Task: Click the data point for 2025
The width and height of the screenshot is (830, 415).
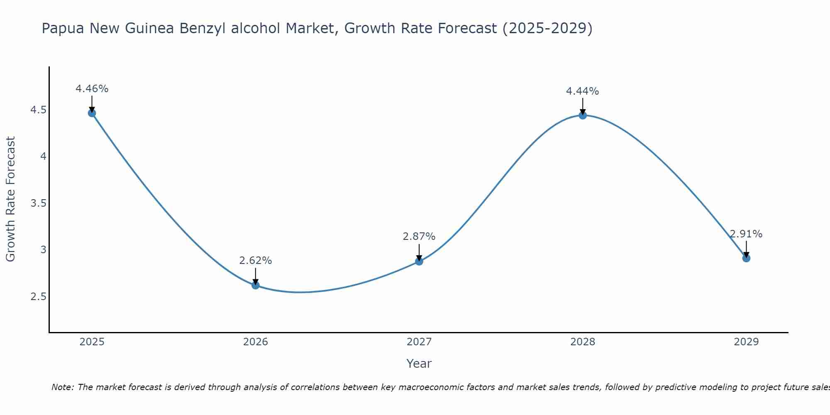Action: click(92, 113)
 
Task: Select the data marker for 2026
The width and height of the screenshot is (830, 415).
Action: click(255, 285)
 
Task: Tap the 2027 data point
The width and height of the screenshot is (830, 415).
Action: click(419, 261)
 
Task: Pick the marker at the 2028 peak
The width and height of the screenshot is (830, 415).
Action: click(583, 115)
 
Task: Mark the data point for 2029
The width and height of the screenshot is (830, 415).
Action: click(746, 258)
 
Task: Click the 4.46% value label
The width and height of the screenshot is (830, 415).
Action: click(92, 89)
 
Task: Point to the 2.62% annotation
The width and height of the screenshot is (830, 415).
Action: click(255, 261)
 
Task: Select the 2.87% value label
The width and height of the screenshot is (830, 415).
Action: click(419, 237)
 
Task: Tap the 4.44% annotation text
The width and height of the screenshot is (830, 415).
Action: click(583, 91)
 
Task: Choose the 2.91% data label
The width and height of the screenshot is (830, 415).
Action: click(746, 234)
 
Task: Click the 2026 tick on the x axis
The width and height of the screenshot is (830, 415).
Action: click(255, 342)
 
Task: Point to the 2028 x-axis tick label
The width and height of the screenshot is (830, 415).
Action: click(583, 342)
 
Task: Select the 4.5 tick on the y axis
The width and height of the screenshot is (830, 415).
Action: click(38, 110)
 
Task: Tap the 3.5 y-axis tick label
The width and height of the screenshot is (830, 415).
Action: click(38, 203)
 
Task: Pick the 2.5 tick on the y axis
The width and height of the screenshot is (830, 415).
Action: click(38, 297)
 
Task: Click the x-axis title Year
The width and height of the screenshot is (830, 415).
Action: click(419, 364)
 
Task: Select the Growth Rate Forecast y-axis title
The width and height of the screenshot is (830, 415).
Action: click(10, 199)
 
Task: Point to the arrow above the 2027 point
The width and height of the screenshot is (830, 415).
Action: click(419, 251)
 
